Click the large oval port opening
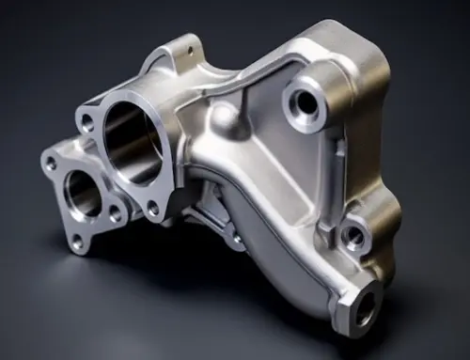pos(133,141)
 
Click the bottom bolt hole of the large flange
pos(152,209)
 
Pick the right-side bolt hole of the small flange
pos(115,215)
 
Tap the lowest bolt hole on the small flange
pos(77,243)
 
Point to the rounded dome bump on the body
pos(224,117)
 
